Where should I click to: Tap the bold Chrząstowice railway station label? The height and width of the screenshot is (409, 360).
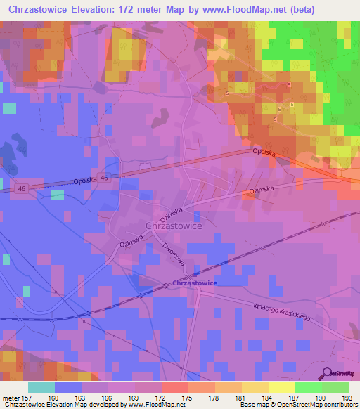click(195, 283)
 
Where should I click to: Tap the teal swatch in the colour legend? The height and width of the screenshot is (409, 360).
click(41, 387)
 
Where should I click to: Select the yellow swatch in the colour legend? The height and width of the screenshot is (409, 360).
click(281, 387)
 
